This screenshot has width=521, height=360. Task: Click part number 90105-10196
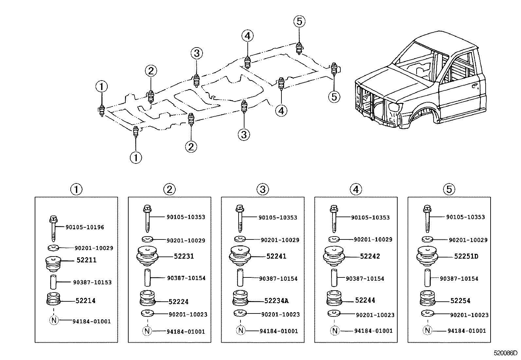click(x=85, y=227)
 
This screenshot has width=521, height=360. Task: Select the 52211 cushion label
click(x=86, y=260)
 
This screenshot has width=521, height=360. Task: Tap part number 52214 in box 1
click(x=85, y=301)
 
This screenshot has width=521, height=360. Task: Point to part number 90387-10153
click(x=92, y=282)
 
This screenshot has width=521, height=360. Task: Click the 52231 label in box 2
click(x=184, y=256)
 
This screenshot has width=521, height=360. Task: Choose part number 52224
click(x=178, y=302)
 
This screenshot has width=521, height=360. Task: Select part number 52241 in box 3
click(x=276, y=256)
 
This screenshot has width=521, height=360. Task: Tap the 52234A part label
click(x=277, y=301)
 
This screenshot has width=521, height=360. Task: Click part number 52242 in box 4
click(x=370, y=256)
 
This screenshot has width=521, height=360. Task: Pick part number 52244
click(x=365, y=300)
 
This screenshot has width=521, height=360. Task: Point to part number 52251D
click(x=466, y=256)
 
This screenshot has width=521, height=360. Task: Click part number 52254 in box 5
click(x=460, y=301)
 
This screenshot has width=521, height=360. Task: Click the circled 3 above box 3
click(x=262, y=189)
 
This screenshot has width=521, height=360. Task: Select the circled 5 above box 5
click(x=449, y=189)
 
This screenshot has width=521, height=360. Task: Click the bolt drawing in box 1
click(x=53, y=228)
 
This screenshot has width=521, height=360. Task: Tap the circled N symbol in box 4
click(x=334, y=331)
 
